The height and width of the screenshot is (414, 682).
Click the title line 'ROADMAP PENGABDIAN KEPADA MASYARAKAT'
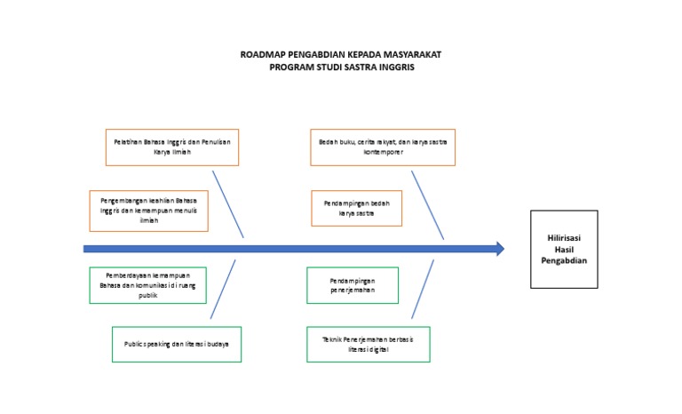[341, 55]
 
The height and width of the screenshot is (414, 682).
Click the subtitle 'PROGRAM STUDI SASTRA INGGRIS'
[341, 67]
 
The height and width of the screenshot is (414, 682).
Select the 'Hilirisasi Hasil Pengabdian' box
[564, 249]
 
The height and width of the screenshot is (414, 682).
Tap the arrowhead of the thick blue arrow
[499, 249]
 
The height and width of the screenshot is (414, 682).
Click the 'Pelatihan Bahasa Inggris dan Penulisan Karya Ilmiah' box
[172, 147]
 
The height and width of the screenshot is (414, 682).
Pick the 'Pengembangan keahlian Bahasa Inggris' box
[149, 211]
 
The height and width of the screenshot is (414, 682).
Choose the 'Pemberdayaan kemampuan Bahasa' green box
[147, 285]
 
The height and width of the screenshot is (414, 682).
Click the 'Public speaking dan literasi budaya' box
[177, 344]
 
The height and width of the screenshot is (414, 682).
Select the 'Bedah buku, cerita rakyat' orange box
[383, 147]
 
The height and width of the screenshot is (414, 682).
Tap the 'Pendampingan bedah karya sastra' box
[356, 208]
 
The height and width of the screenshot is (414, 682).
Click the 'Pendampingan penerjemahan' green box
[353, 285]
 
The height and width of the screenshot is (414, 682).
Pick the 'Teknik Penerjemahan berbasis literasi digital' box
[369, 344]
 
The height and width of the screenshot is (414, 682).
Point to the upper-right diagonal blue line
[429, 202]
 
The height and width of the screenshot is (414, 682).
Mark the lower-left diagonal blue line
[223, 289]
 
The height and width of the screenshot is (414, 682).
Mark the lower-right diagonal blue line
[423, 289]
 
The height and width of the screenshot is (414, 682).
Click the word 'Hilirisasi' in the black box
[564, 237]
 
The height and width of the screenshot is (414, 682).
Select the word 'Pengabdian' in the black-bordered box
[564, 260]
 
